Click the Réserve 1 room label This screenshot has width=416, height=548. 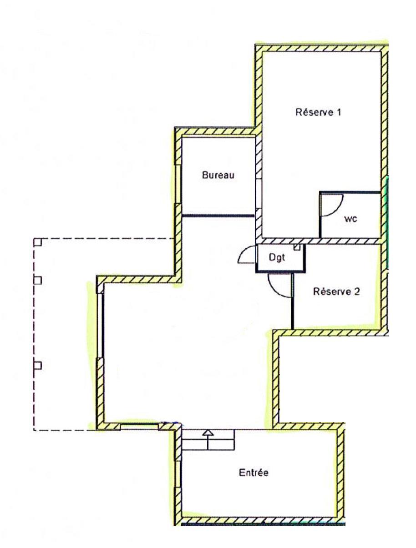(x=318, y=112)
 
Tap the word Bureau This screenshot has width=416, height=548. (x=218, y=175)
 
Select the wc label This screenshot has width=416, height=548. (x=350, y=219)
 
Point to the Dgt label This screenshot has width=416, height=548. (x=277, y=257)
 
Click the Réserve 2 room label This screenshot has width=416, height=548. (x=336, y=292)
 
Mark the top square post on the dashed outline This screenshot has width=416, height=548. (x=38, y=242)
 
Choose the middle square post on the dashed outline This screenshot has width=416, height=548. (x=38, y=280)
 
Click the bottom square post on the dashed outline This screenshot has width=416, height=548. (x=38, y=366)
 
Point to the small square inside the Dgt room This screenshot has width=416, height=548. (x=297, y=247)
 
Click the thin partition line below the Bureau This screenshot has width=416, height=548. (x=218, y=216)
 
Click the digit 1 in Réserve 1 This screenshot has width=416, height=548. (x=338, y=112)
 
